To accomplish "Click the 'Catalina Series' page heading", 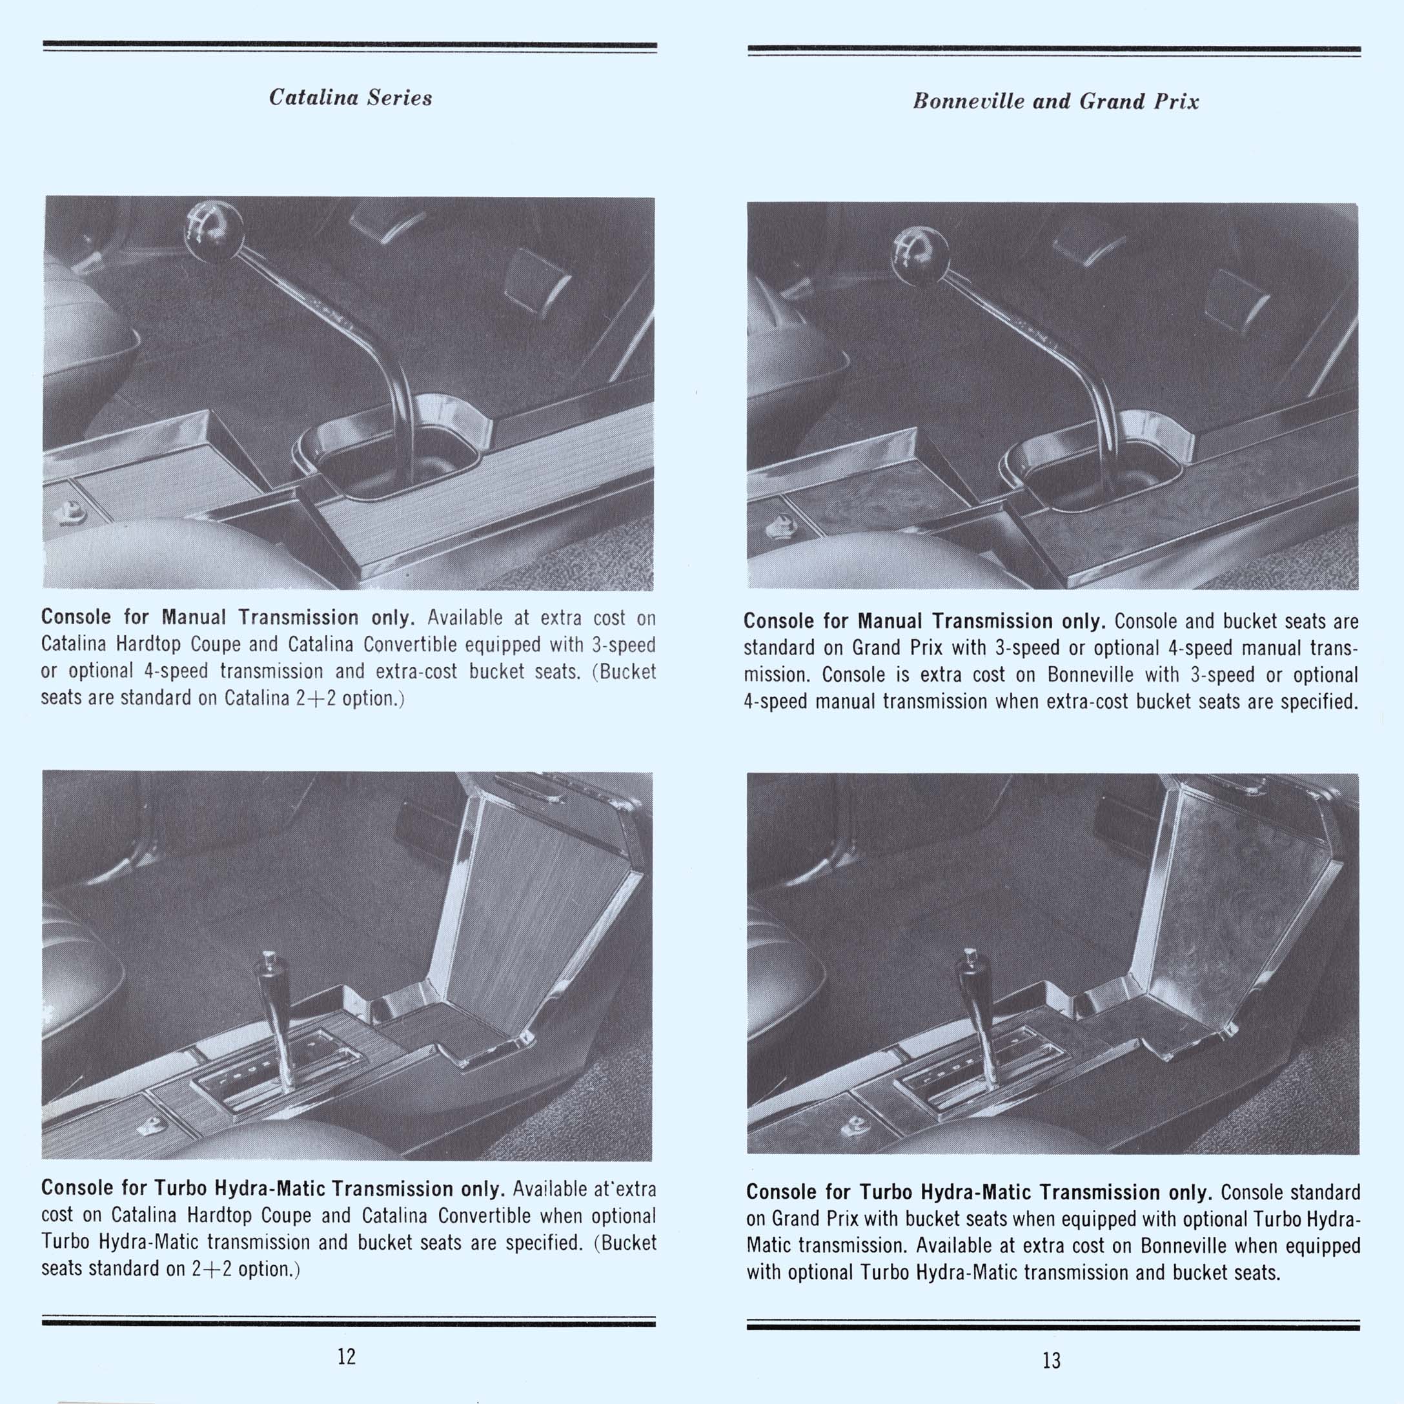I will pyautogui.click(x=351, y=97).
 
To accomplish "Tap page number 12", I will pyautogui.click(x=347, y=1356).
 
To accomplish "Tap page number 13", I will pyautogui.click(x=1051, y=1360).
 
